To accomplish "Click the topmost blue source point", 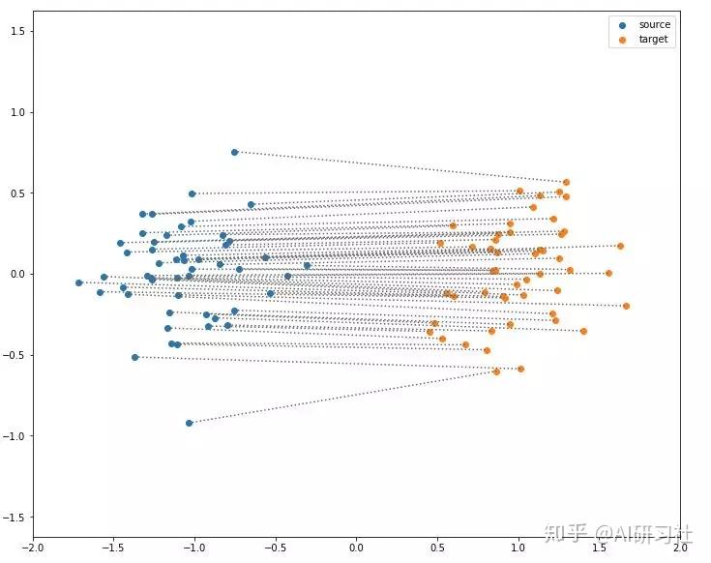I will pos(234,152).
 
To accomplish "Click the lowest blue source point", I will pos(189,423).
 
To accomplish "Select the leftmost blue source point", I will pos(79,282).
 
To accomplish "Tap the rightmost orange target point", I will pos(626,306).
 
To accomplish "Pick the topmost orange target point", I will pos(566,182).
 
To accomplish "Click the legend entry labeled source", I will pos(654,24).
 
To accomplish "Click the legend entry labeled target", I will pos(653,40).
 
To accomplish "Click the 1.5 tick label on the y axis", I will pos(15,32).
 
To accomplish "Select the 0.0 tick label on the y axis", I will pos(15,275).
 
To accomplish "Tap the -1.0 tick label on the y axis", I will pos(13,436).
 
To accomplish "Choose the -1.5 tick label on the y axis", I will pos(13,518).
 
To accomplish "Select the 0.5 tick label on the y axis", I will pos(15,193).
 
